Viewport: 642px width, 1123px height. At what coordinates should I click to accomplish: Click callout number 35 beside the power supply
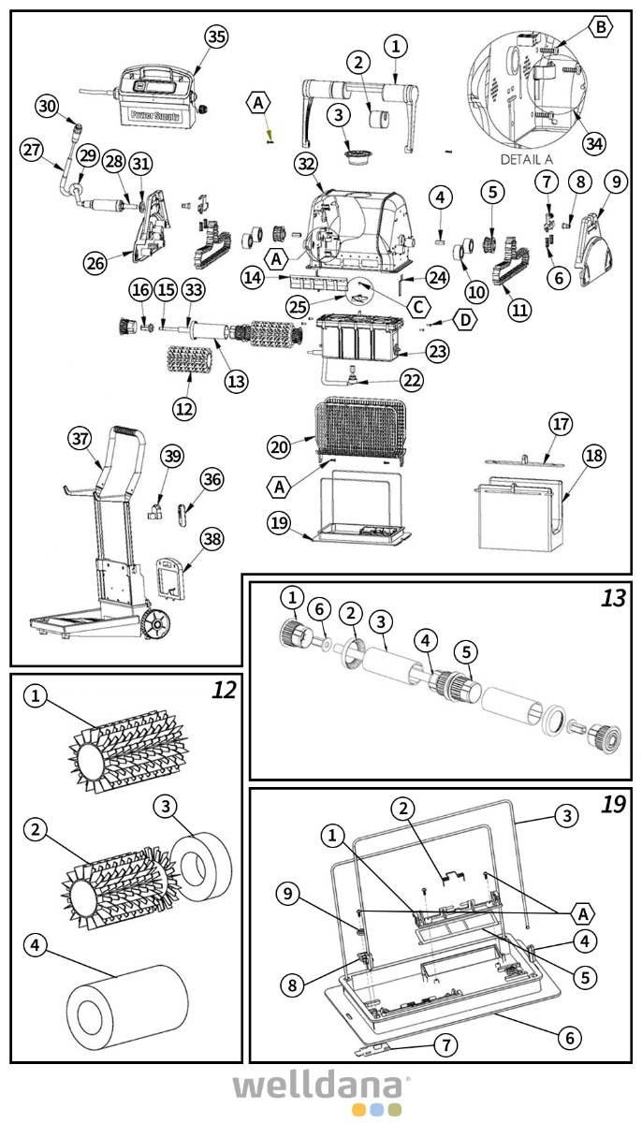click(x=216, y=36)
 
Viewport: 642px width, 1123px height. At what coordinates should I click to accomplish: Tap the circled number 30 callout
click(x=47, y=106)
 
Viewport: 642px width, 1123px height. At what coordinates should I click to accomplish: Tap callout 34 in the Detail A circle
click(x=593, y=143)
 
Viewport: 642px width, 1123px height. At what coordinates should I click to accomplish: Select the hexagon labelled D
click(x=465, y=320)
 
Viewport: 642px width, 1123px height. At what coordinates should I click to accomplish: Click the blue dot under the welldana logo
click(x=377, y=1110)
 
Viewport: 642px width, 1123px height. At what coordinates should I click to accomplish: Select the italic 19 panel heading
click(x=613, y=805)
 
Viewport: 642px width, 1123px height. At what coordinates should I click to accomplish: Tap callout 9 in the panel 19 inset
click(x=290, y=896)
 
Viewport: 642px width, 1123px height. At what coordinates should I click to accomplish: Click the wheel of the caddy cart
click(x=156, y=624)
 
